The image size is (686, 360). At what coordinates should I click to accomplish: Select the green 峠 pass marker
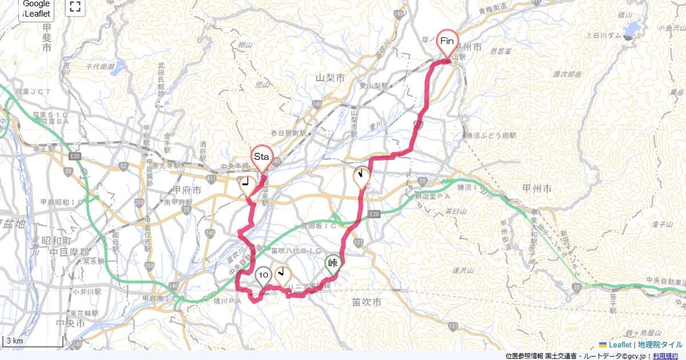(333, 263)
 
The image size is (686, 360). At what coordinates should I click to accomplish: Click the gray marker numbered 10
(263, 276)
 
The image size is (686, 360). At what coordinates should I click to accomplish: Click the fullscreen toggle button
(75, 7)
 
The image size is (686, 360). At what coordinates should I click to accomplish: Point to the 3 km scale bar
(33, 341)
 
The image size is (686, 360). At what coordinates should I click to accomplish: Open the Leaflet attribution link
(620, 345)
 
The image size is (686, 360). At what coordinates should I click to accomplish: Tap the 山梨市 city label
(330, 77)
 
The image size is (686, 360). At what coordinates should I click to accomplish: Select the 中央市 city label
(75, 323)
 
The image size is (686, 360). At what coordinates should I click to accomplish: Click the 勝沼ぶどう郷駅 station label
(491, 136)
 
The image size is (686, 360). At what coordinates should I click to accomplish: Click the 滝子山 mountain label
(615, 226)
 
